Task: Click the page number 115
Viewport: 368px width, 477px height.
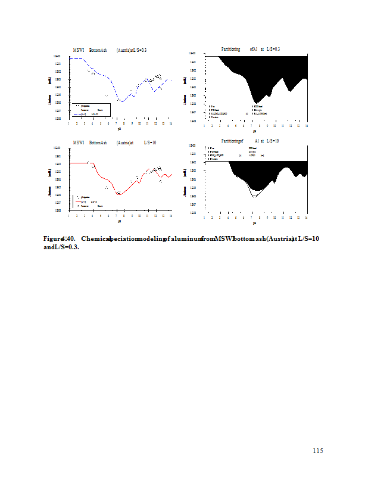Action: (317, 451)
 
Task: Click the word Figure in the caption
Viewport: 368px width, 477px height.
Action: (53, 238)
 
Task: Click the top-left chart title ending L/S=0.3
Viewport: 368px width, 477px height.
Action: (110, 50)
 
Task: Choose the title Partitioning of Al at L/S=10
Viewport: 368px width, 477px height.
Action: (250, 141)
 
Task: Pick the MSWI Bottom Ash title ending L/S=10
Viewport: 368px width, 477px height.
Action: (114, 143)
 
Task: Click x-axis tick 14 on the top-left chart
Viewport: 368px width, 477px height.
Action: (171, 123)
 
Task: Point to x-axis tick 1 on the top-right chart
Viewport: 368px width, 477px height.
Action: (204, 126)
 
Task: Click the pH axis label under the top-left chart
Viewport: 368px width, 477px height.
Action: (120, 129)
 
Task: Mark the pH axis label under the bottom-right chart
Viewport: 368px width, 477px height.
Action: (254, 223)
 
